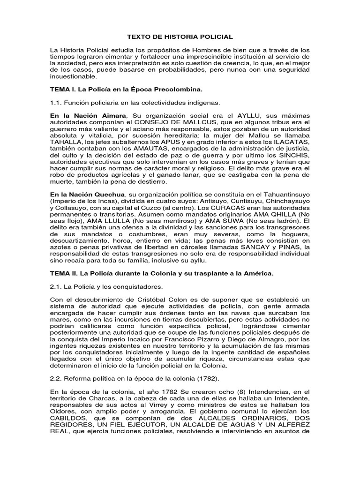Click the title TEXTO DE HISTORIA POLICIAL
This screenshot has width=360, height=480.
(180, 36)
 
